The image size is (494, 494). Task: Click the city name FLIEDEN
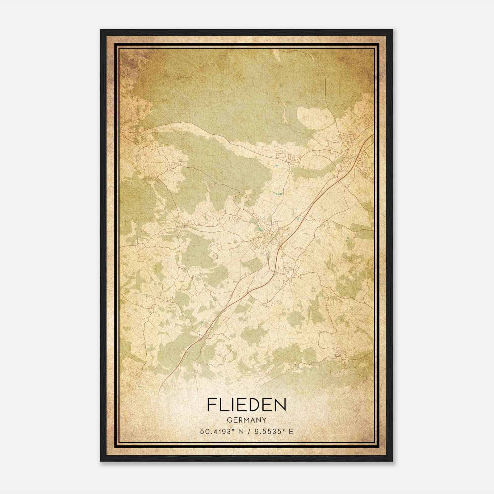pos(247,405)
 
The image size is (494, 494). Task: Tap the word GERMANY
pos(247,420)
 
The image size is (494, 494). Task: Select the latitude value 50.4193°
pos(216,432)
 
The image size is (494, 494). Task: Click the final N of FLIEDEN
pos(279,405)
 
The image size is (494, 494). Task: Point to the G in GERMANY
pos(229,420)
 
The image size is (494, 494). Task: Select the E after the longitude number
pos(291,432)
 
